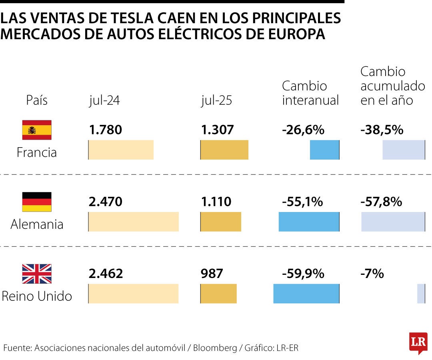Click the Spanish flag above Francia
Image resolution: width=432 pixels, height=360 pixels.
point(37,130)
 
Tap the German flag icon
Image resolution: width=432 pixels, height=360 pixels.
point(37,202)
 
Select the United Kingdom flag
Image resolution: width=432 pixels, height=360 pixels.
point(37,274)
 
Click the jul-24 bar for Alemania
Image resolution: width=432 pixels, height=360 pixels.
point(134,222)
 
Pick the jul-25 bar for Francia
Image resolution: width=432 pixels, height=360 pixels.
point(224,150)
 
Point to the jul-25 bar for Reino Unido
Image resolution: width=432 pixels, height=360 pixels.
point(219,294)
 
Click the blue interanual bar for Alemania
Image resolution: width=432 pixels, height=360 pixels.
point(309,222)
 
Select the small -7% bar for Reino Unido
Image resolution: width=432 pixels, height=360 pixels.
point(421,294)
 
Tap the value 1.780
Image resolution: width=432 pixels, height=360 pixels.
point(105,130)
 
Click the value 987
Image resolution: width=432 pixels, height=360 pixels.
point(212,274)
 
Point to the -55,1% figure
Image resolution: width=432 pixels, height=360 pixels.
point(302,202)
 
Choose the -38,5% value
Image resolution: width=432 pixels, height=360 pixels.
point(382,130)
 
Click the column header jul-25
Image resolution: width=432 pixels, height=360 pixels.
point(216,100)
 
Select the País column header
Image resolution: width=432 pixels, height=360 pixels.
point(37,100)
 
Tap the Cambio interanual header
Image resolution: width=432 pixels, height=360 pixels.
point(310,93)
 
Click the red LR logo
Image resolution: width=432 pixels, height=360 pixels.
point(418,342)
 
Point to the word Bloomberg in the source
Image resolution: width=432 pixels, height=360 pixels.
point(215,348)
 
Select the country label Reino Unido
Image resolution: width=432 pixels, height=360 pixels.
point(37,296)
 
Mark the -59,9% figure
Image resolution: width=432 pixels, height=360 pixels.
point(303,274)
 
